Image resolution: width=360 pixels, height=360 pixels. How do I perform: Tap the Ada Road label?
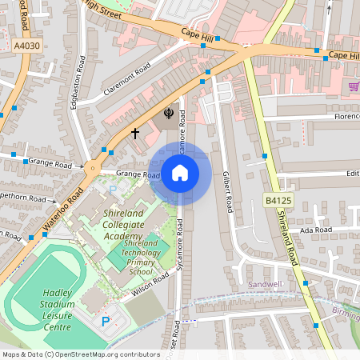tap(315, 230)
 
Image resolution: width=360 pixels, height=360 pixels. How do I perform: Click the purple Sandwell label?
tap(266, 284)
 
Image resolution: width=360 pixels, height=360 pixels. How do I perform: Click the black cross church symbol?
tap(135, 132)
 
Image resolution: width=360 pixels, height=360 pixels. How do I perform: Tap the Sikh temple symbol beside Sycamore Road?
tap(168, 114)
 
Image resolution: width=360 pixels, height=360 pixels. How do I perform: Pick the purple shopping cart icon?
tap(354, 86)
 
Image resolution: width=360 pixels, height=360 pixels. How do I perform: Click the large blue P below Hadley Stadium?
tap(106, 322)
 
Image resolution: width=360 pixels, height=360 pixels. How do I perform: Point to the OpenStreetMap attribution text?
tap(70, 354)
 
